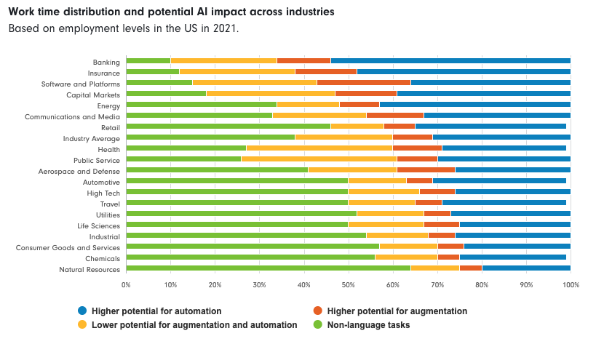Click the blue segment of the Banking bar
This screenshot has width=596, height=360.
pyautogui.click(x=450, y=60)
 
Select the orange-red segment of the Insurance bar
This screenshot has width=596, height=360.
pyautogui.click(x=326, y=72)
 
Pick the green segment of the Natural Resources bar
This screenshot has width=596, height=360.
pyautogui.click(x=268, y=268)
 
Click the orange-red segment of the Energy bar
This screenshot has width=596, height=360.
pyautogui.click(x=359, y=104)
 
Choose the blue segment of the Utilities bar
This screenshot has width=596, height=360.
pyautogui.click(x=510, y=213)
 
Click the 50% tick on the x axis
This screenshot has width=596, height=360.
pyautogui.click(x=348, y=285)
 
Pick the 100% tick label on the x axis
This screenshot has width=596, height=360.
pyautogui.click(x=571, y=285)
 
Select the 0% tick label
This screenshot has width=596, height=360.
pyautogui.click(x=126, y=285)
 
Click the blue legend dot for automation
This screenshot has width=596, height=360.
pyautogui.click(x=82, y=311)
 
